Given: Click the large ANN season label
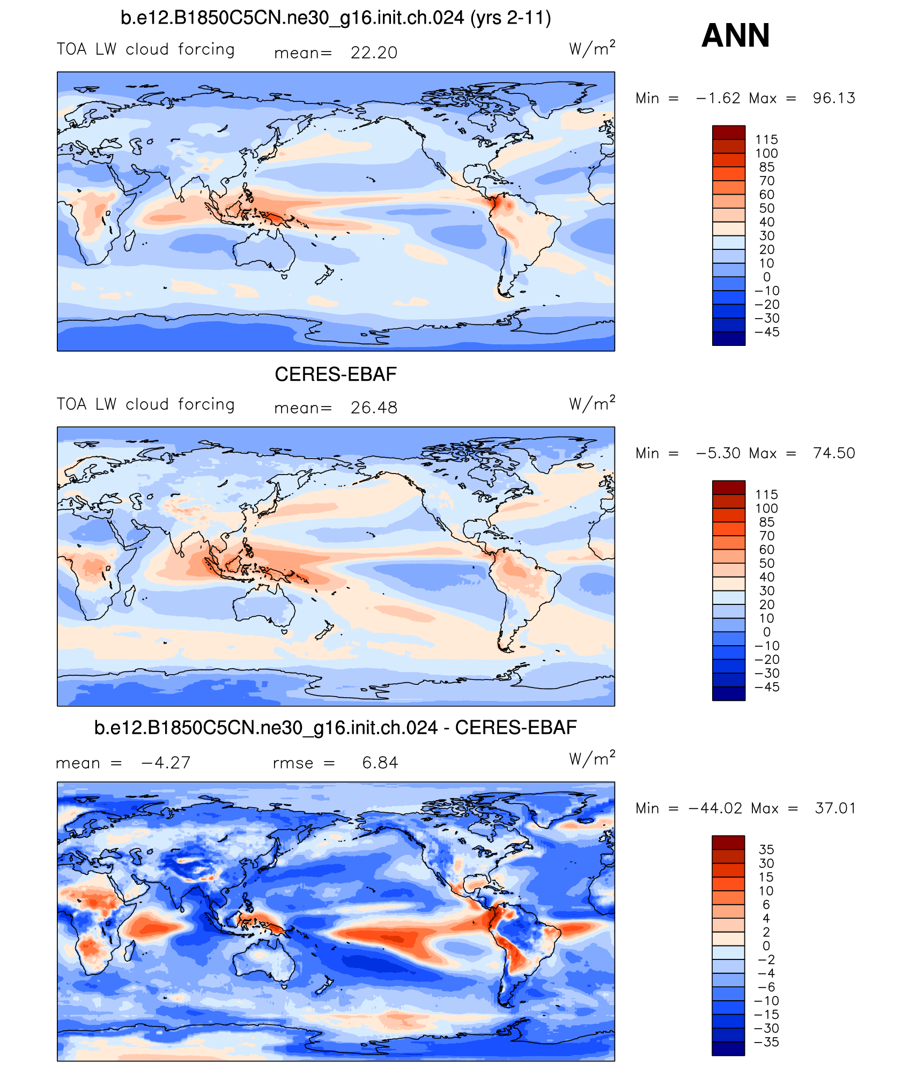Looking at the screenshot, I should tap(735, 36).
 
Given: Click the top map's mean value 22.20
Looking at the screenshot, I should tap(374, 53).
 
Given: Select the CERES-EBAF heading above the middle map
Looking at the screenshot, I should tap(336, 374).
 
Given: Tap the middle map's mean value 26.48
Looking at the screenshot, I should tap(374, 408).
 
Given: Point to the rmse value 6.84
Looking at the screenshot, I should tap(380, 763).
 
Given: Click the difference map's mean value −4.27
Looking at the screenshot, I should tap(166, 763).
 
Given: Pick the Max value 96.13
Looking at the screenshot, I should tap(834, 98).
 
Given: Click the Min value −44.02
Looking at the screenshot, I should tap(715, 808).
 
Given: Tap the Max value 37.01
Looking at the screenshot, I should tap(835, 808).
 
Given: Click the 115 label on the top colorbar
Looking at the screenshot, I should tap(766, 139).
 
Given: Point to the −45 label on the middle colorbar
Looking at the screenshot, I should tap(767, 687).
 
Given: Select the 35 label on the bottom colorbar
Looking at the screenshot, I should tap(766, 850).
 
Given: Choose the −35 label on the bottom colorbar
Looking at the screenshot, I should tap(766, 1042).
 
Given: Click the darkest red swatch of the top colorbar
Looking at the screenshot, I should tap(729, 132).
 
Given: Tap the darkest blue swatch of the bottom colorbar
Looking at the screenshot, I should tap(728, 1048).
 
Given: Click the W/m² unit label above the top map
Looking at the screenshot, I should tap(592, 49).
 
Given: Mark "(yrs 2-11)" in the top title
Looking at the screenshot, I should tap(511, 18).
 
